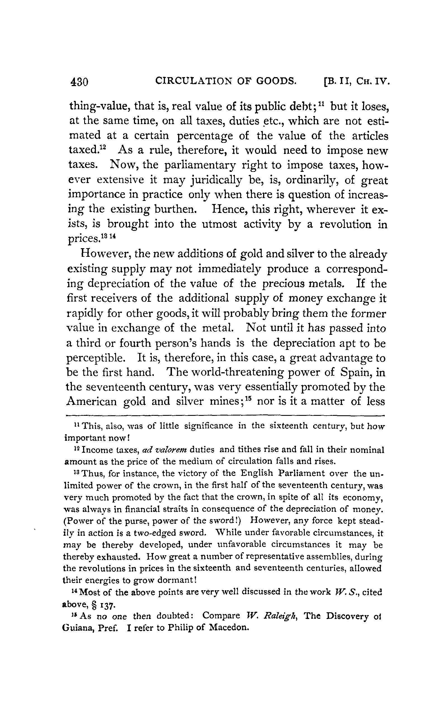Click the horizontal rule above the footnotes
click(225, 416)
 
